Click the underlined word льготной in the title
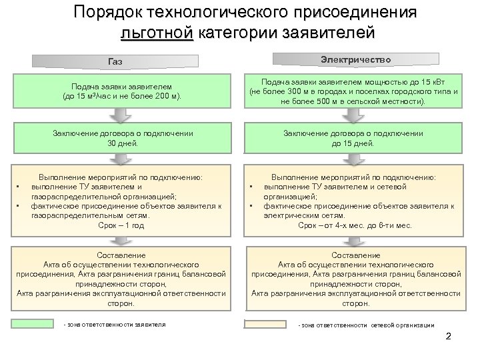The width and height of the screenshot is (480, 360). tap(157, 33)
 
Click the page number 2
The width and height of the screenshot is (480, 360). tap(448, 336)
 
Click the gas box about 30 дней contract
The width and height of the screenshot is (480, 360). tap(123, 138)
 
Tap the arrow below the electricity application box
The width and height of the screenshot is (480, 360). tap(357, 114)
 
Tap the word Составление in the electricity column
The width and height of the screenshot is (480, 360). tap(356, 255)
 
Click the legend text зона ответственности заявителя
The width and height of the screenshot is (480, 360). tap(114, 325)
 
